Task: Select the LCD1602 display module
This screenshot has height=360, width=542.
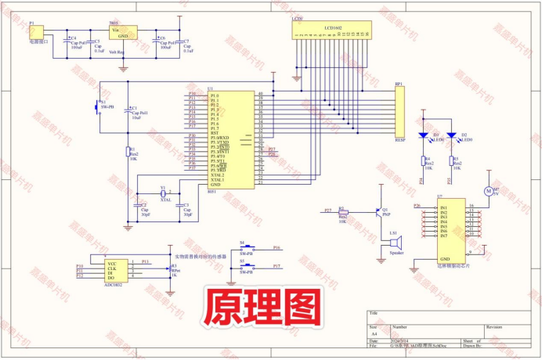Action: coord(333,31)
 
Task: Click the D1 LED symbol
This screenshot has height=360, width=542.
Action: coord(424,135)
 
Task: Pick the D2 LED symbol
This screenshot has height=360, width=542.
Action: coord(452,135)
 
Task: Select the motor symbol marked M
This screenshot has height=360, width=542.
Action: coord(486,190)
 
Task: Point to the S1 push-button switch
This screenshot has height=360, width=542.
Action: coord(98,108)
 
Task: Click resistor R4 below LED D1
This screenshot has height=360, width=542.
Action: coord(424,162)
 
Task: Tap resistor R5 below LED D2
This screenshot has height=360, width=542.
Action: coord(452,162)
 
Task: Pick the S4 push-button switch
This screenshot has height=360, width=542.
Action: coord(247,249)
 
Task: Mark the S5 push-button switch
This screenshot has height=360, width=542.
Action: coord(247,268)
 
